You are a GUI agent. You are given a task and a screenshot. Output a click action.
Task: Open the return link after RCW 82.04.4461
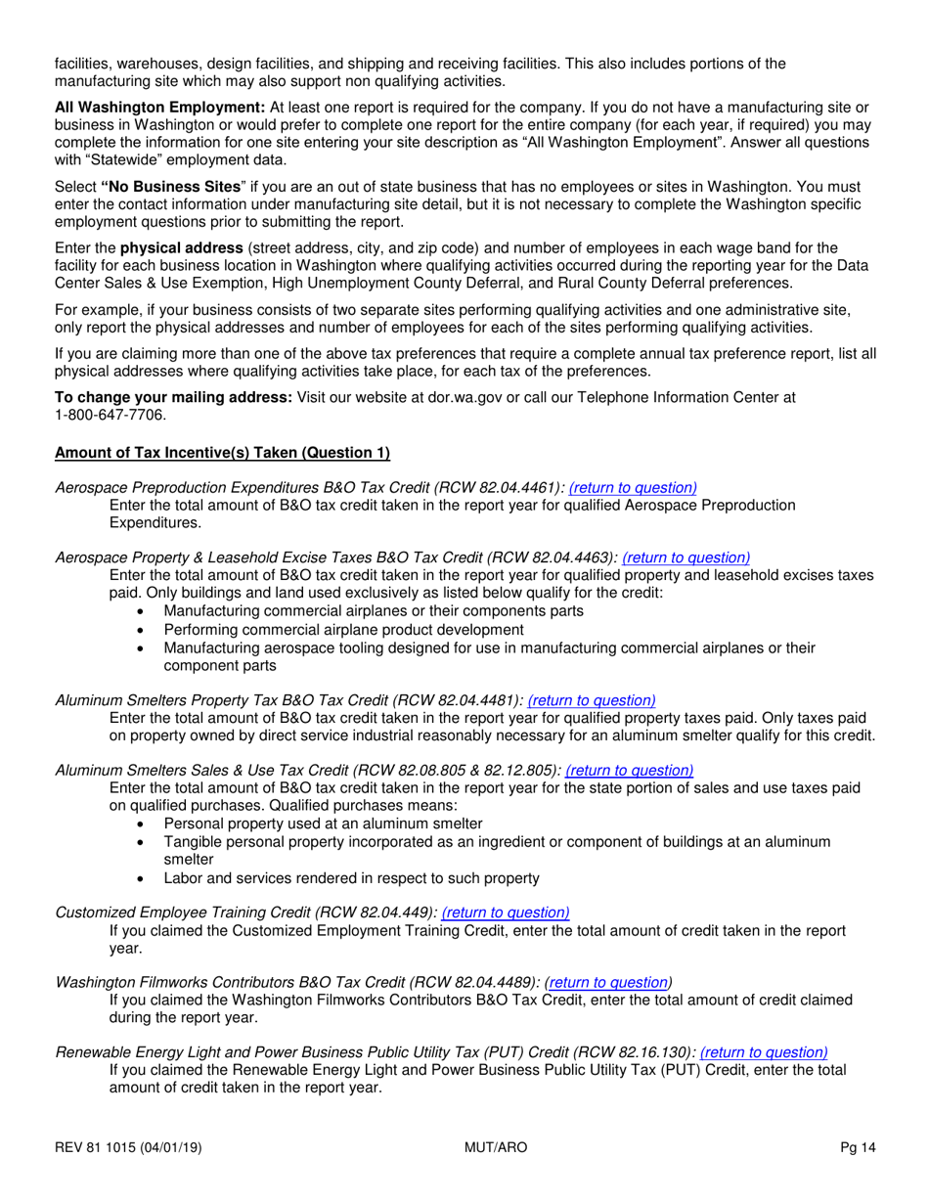tap(633, 487)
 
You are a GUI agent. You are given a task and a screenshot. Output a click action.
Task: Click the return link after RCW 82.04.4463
tap(686, 557)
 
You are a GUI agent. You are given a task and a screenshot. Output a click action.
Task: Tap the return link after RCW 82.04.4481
tap(592, 700)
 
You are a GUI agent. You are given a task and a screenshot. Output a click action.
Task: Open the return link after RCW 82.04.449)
tap(506, 913)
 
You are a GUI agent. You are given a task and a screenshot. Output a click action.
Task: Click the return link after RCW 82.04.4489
tap(608, 982)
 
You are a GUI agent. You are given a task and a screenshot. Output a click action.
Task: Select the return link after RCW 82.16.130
tap(764, 1052)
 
